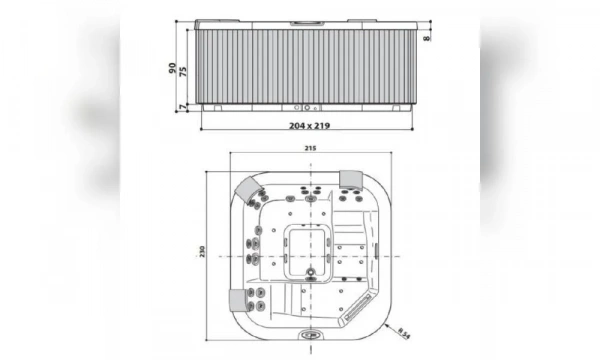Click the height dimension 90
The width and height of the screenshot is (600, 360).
pos(172,68)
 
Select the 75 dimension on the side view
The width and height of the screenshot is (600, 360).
pos(184,72)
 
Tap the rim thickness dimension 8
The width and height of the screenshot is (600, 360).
pos(427,38)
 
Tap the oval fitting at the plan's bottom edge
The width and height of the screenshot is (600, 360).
pos(310,335)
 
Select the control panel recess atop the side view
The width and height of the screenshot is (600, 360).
pos(307,21)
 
